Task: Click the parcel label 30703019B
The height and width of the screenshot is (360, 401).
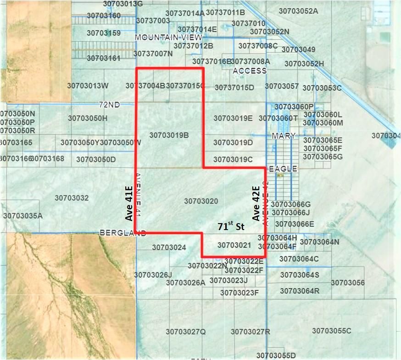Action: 169,135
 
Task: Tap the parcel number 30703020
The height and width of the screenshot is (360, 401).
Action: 201,201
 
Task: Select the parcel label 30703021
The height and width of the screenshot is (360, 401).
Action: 234,246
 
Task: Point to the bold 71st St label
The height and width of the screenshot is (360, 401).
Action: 231,227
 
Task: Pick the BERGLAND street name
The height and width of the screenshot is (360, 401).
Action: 123,233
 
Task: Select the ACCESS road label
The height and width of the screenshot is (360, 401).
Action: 250,71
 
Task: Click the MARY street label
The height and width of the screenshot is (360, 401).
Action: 283,136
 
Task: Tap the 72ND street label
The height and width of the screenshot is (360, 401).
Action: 110,105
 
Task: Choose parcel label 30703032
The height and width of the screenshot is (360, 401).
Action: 72,198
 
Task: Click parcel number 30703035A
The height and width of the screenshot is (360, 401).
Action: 23,215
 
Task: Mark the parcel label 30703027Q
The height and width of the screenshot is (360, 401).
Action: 186,332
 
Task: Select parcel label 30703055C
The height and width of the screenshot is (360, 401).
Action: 331,331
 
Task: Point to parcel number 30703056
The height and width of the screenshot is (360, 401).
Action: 348,283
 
